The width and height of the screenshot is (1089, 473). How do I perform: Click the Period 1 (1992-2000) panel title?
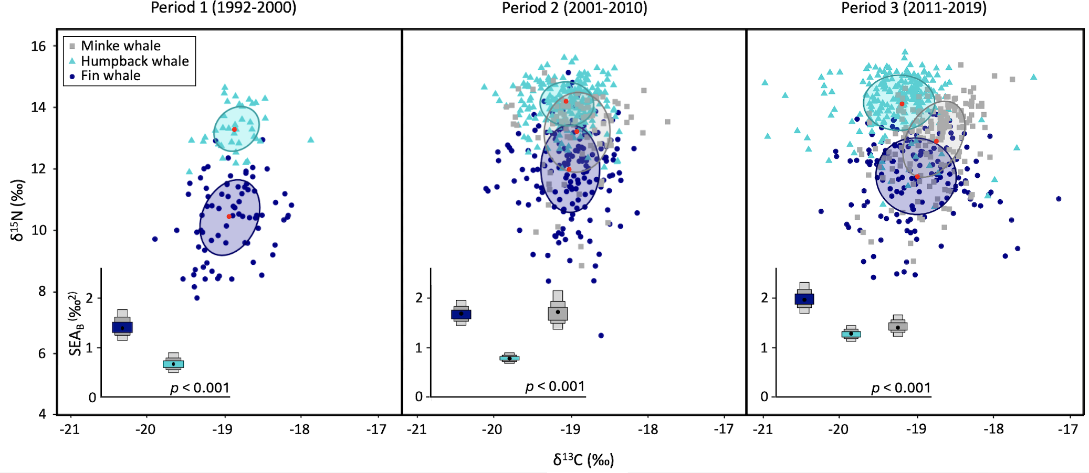(223, 8)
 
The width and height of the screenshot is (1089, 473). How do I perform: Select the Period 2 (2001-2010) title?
(574, 8)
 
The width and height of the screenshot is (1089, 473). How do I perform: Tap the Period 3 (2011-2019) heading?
(914, 8)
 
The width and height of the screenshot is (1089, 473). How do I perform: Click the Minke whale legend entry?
(120, 46)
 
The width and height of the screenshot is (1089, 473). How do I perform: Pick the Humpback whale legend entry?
(134, 61)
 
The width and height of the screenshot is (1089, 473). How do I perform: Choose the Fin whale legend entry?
(110, 76)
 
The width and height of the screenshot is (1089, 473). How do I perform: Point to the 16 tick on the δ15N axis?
(38, 46)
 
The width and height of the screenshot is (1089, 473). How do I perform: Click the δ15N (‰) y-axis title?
(17, 210)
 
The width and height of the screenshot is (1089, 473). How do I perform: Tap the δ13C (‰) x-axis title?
(583, 460)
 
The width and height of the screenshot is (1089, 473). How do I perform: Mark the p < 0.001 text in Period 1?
(200, 388)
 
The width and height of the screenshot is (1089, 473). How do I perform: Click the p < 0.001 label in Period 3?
(901, 388)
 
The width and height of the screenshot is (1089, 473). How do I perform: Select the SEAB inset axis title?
(76, 324)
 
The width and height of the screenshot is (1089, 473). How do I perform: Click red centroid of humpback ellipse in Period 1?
(234, 129)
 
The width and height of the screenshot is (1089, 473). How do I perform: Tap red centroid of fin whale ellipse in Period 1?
(229, 216)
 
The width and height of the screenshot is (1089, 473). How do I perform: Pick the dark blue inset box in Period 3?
(804, 299)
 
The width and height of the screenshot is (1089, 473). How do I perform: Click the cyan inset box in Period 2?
(509, 358)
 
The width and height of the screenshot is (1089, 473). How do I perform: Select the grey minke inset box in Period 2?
(558, 313)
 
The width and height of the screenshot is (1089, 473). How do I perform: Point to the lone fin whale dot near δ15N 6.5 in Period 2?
(601, 335)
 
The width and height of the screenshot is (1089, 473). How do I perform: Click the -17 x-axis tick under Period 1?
(376, 429)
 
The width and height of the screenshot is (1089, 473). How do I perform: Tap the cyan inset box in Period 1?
(173, 364)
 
